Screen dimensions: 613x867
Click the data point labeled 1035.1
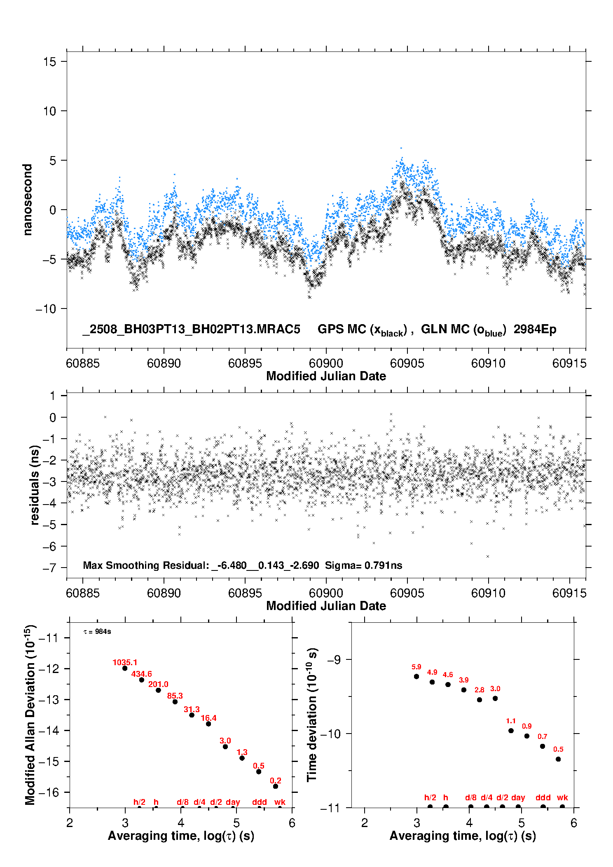tap(125, 668)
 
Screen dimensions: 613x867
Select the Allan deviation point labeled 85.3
tap(175, 701)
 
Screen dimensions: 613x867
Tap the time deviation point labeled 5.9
tap(416, 676)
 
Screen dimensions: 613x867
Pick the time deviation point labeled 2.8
tap(480, 700)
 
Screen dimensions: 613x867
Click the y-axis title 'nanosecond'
tap(27, 200)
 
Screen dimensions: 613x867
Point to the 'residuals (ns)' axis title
tap(35, 485)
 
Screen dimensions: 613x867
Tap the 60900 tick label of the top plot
tap(326, 363)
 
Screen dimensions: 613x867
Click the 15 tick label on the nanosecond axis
tap(50, 62)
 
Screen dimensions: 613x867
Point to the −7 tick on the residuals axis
tap(49, 568)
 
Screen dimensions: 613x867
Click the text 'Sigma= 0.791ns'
tap(363, 565)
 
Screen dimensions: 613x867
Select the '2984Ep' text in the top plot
tap(535, 329)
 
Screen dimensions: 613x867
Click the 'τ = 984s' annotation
tap(97, 631)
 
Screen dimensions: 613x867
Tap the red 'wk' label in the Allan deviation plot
tap(280, 802)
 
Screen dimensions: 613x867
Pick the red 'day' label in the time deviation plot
tap(518, 798)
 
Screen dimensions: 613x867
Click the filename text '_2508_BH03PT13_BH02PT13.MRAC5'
tap(191, 329)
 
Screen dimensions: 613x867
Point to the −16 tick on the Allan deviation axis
tap(49, 792)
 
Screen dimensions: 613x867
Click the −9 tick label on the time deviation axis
tap(334, 660)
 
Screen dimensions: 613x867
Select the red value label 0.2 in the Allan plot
tap(276, 781)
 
